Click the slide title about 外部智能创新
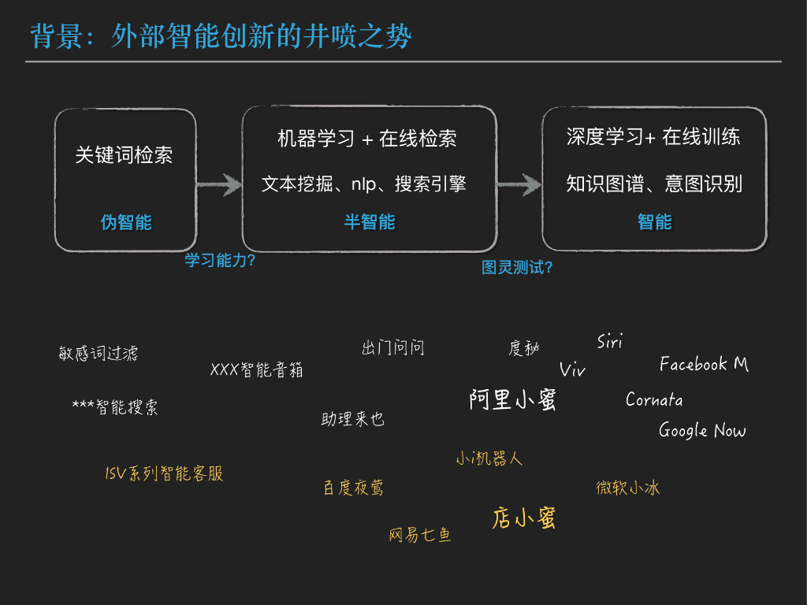[x=221, y=35]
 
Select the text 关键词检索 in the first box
[x=124, y=155]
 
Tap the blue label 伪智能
[x=126, y=222]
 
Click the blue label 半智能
[x=370, y=222]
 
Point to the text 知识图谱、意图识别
[x=654, y=184]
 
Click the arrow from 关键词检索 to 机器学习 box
[x=219, y=186]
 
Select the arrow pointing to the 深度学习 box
[x=519, y=186]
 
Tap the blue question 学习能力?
[x=220, y=260]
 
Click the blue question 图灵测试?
[x=517, y=268]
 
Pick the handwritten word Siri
[x=610, y=341]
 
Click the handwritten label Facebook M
[x=704, y=364]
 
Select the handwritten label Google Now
[x=702, y=430]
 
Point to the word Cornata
[x=654, y=400]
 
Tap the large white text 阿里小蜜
[x=513, y=400]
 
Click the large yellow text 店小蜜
[x=524, y=518]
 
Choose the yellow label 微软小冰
[x=627, y=488]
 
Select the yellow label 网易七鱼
[x=420, y=536]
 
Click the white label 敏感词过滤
[x=99, y=353]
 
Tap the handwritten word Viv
[x=573, y=370]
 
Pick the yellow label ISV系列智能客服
[x=164, y=473]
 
